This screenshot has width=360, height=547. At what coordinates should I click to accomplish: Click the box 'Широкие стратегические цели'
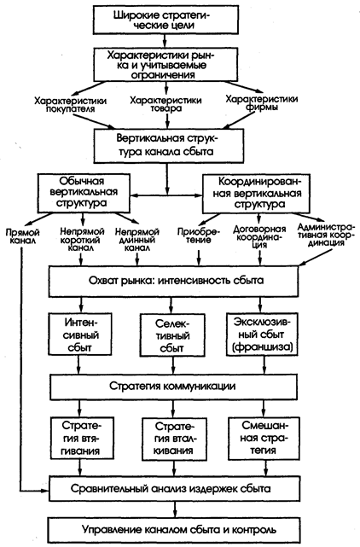click(165, 20)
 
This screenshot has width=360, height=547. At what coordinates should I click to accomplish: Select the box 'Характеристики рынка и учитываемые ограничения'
click(165, 65)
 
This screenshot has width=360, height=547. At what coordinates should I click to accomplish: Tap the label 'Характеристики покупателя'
click(71, 105)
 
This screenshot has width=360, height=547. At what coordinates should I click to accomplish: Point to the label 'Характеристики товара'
click(166, 104)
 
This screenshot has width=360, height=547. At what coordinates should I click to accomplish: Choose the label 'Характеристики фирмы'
click(262, 103)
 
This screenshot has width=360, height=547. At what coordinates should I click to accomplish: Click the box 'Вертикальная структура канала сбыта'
click(169, 146)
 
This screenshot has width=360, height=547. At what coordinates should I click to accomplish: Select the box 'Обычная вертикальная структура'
click(83, 193)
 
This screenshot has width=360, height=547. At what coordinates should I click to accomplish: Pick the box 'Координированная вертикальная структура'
click(256, 194)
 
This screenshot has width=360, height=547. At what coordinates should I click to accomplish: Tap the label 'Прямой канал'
click(22, 236)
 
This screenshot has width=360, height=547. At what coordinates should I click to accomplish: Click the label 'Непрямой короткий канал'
click(82, 240)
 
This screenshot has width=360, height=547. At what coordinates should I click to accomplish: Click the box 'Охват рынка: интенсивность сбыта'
click(174, 282)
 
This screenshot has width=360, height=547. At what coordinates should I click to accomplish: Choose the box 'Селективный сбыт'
click(172, 335)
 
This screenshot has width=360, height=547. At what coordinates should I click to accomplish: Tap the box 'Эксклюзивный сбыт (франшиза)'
click(261, 334)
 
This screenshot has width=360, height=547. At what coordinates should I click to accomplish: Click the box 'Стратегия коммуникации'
click(174, 387)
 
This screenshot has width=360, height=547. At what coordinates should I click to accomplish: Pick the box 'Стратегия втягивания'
click(83, 438)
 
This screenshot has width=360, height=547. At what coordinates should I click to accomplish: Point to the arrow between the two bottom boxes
click(174, 509)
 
